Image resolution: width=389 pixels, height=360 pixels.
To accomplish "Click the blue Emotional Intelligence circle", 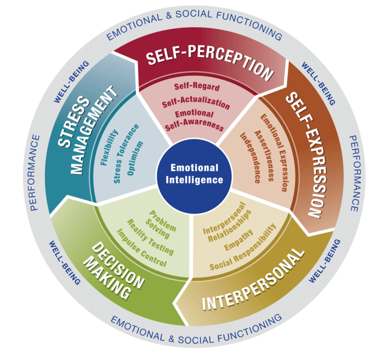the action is (194, 174).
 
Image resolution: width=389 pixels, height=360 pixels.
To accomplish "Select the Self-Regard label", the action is (197, 87).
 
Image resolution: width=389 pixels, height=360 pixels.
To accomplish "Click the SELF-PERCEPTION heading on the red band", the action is (210, 64).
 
